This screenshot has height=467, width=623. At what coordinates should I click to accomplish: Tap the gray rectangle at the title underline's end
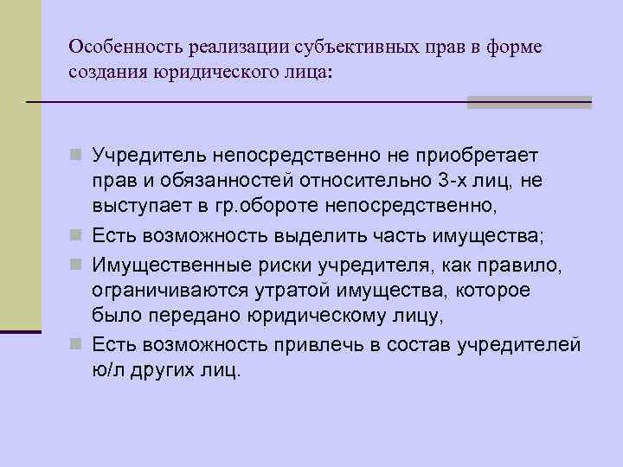(x=529, y=102)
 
